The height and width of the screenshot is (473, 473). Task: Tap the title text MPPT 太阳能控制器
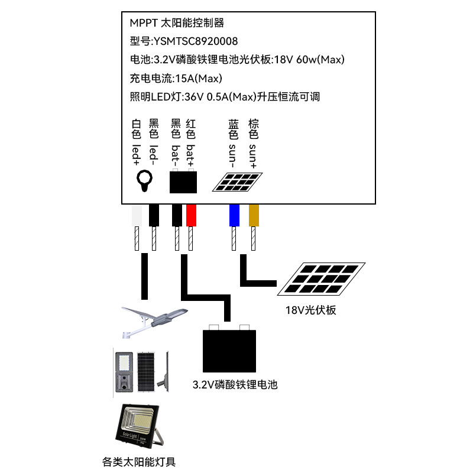(x=177, y=23)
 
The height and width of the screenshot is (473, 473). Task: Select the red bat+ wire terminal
(x=191, y=215)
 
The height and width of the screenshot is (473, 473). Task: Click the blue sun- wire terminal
(x=234, y=215)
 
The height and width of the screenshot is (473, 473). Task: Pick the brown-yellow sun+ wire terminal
(x=254, y=215)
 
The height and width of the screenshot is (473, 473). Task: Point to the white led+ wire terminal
(x=137, y=215)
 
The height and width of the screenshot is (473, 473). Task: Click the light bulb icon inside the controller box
(x=144, y=181)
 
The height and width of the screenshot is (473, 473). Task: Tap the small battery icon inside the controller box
(x=184, y=181)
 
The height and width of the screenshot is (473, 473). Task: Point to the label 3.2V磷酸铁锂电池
(x=235, y=385)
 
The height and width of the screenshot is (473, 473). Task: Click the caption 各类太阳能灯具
(x=139, y=461)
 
